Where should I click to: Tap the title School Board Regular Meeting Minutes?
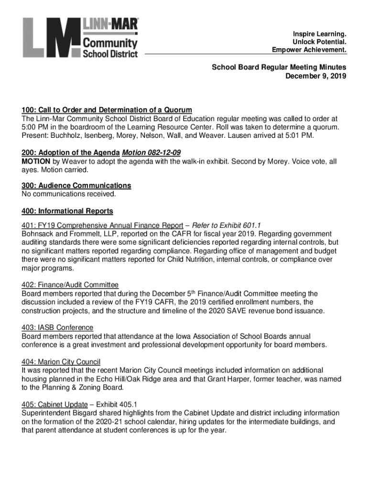pyautogui.click(x=279, y=67)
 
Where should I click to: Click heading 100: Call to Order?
pyautogui.click(x=107, y=110)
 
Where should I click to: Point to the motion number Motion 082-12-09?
pyautogui.click(x=152, y=153)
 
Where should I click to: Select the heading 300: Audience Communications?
pyautogui.click(x=76, y=185)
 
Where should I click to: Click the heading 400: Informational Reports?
pyautogui.click(x=67, y=211)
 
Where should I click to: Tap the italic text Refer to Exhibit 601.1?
pyautogui.click(x=226, y=225)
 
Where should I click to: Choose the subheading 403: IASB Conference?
pyautogui.click(x=57, y=327)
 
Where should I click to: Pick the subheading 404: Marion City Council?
pyautogui.click(x=61, y=362)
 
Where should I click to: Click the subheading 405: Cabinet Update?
pyautogui.click(x=54, y=404)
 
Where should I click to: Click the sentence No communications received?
pyautogui.click(x=69, y=194)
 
